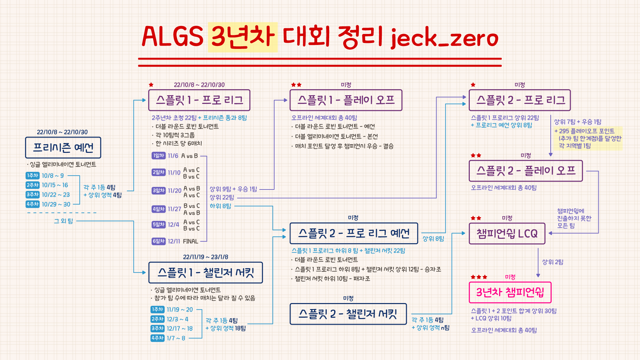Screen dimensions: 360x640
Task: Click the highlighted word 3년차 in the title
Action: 243,37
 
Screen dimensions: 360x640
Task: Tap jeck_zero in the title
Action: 444,38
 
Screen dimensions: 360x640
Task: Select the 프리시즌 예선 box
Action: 63,148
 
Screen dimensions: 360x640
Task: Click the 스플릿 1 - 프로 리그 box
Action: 199,100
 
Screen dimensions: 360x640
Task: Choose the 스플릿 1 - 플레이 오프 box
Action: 346,100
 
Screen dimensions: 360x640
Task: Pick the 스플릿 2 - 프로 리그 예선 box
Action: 354,233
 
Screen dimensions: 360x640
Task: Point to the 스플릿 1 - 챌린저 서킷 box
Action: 206,273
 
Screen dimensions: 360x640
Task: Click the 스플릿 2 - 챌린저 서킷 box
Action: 348,314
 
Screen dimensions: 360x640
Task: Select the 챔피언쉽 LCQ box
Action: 507,234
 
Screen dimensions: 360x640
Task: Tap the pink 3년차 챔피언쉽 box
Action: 510,292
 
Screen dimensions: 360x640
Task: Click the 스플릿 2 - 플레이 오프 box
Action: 526,171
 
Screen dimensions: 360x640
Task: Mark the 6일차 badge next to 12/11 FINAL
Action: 159,241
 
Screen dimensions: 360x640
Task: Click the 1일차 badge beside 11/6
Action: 159,156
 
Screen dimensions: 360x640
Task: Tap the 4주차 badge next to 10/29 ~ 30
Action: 33,204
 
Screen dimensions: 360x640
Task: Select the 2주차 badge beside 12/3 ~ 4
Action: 158,319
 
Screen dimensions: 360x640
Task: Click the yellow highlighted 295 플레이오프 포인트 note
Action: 588,138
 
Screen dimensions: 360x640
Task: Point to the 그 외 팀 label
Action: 63,221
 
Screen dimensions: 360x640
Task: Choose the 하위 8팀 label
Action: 220,206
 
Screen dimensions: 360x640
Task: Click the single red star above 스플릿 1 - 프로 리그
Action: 151,85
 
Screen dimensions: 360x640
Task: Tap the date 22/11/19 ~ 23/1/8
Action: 206,257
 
